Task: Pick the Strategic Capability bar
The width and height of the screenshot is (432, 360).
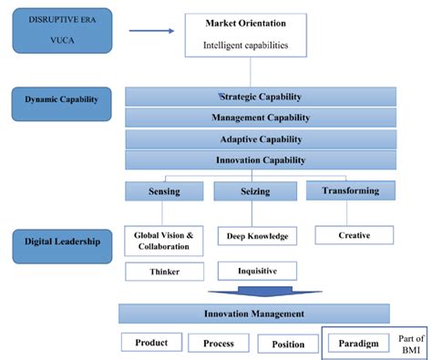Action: tap(260, 97)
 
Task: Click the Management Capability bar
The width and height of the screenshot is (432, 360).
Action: tap(260, 118)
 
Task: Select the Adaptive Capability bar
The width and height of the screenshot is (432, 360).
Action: tap(260, 139)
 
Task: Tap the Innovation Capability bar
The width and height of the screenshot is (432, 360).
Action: tap(260, 160)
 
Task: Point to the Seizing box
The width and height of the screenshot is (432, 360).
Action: tap(255, 191)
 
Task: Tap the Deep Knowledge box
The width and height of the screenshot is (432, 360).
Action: tap(256, 237)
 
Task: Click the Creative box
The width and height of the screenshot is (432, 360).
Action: tap(354, 235)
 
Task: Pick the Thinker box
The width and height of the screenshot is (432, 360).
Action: tap(164, 272)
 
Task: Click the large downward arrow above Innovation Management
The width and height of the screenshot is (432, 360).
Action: tap(260, 293)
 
